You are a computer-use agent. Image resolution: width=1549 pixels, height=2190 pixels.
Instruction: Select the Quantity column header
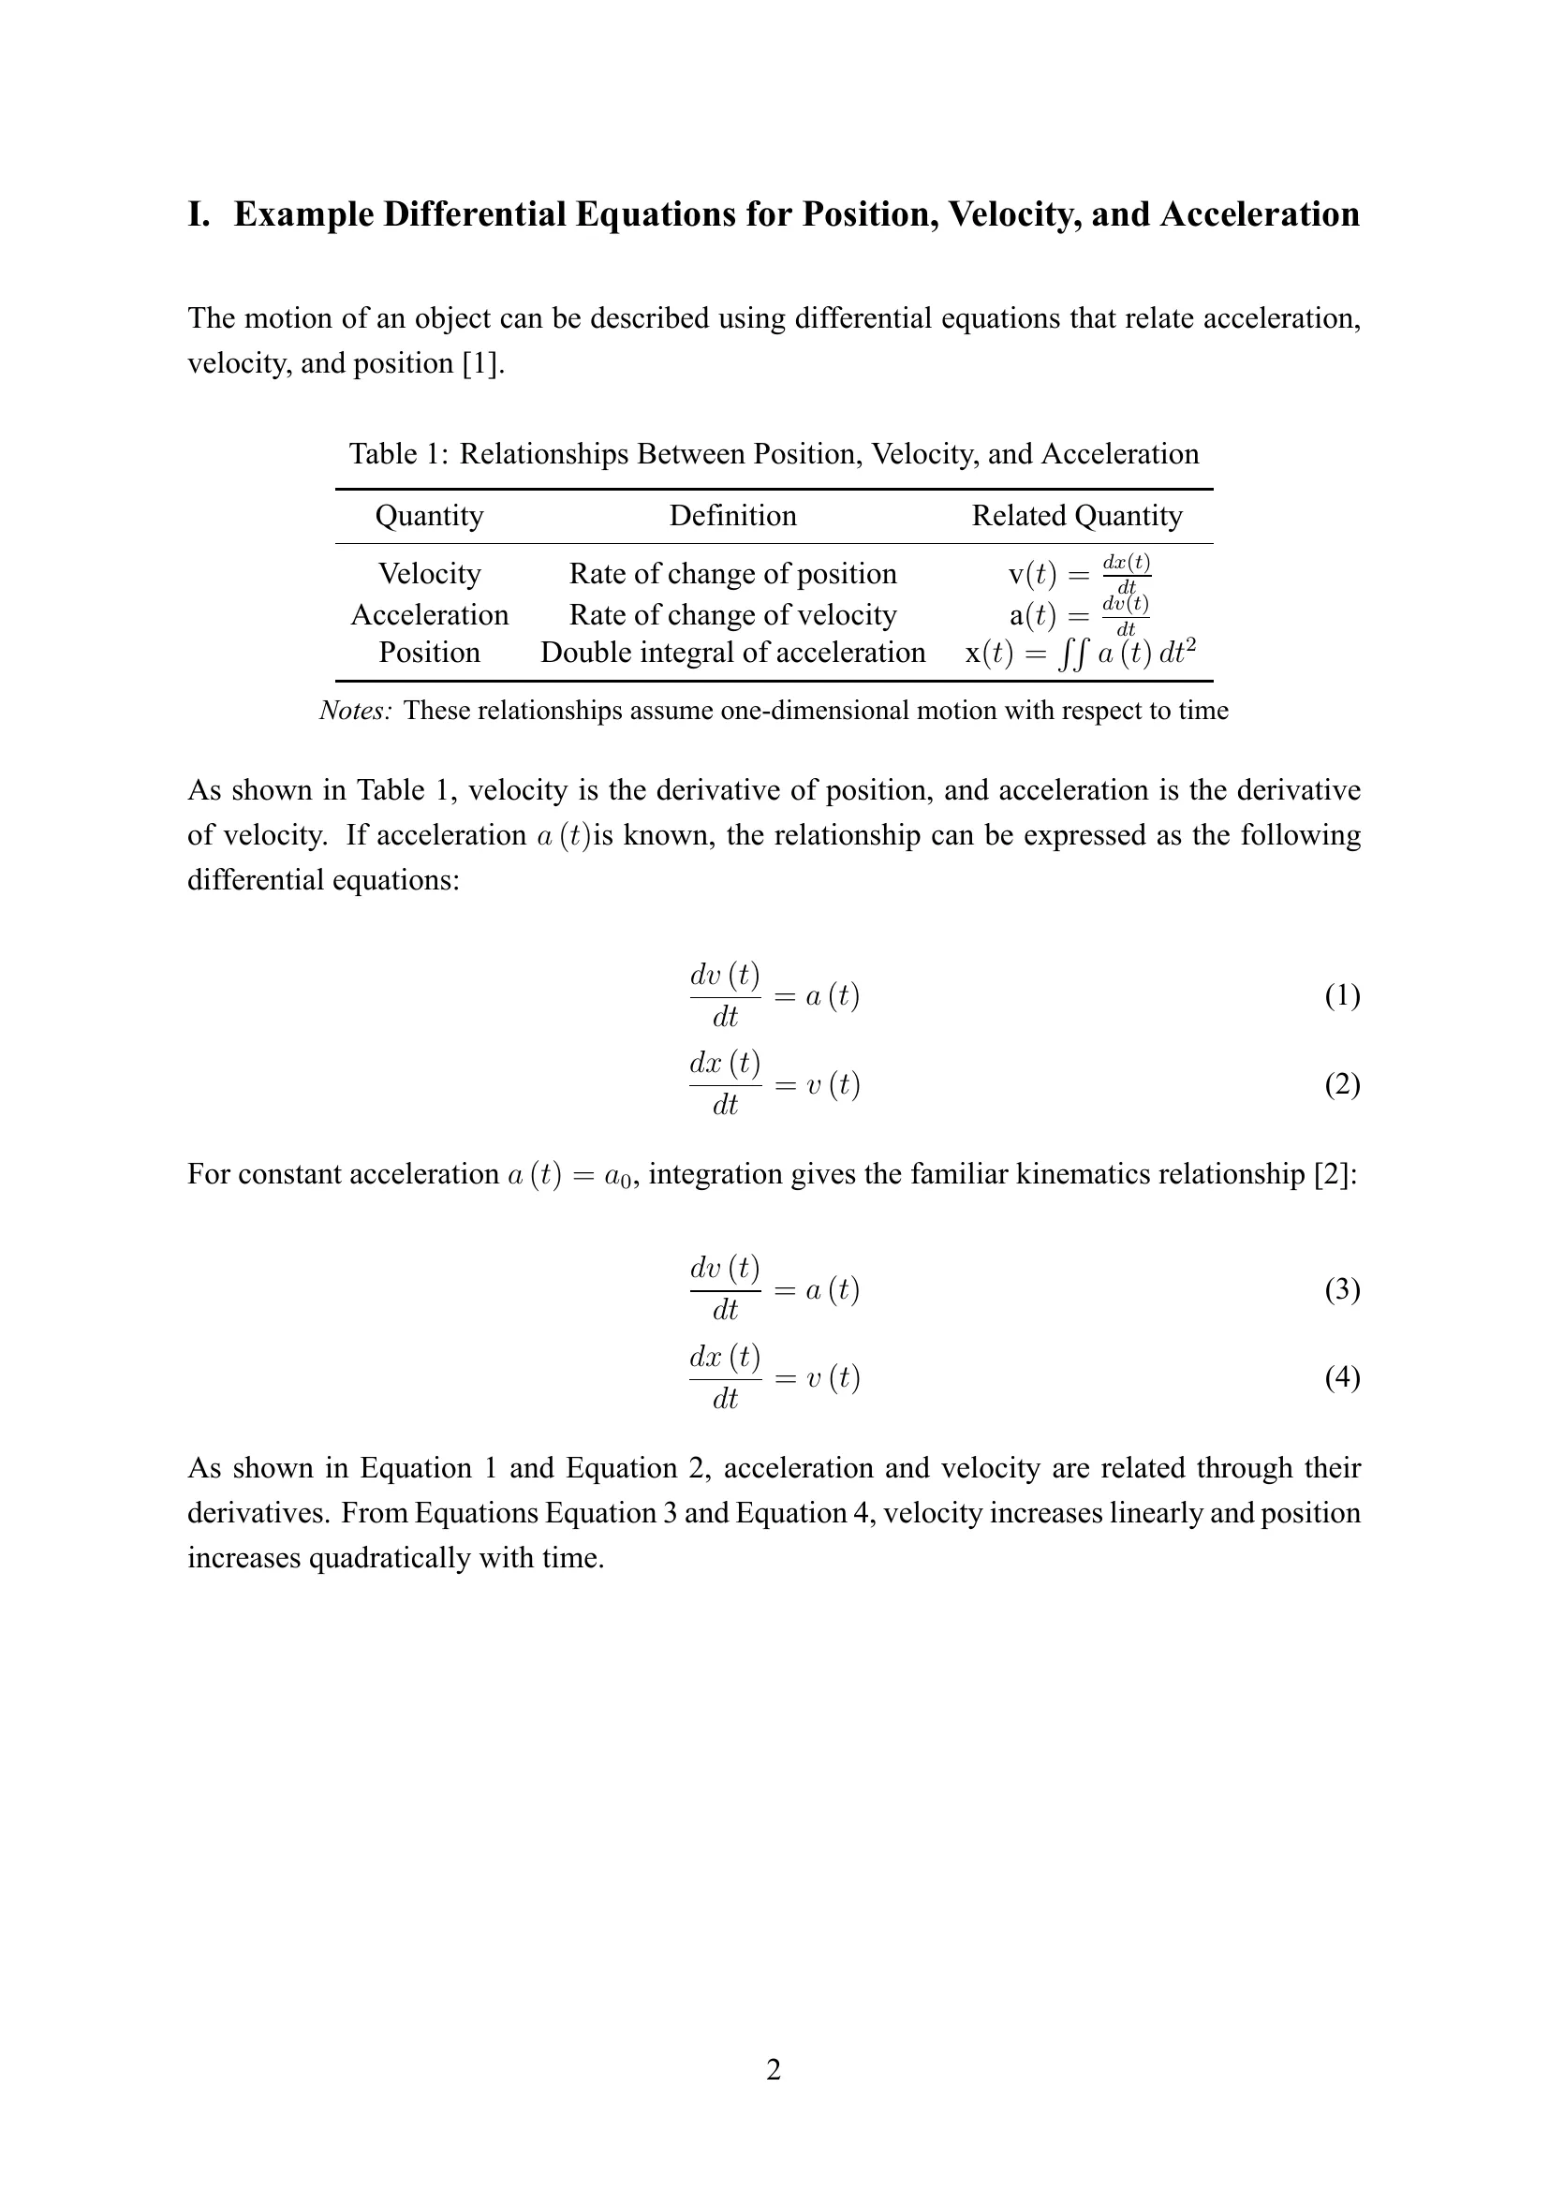pyautogui.click(x=429, y=516)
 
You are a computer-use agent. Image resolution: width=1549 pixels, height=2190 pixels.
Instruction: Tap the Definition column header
pyautogui.click(x=732, y=516)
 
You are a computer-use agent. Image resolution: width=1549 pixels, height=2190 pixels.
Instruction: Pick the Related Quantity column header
pyautogui.click(x=1077, y=516)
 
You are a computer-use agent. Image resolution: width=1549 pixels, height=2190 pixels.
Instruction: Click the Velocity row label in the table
pyautogui.click(x=429, y=573)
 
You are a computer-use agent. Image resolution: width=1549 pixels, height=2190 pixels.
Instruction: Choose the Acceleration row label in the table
pyautogui.click(x=429, y=614)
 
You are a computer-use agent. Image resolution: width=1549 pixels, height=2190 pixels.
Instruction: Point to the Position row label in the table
pyautogui.click(x=429, y=653)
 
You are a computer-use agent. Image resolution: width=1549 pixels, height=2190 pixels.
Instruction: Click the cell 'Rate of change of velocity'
pyautogui.click(x=732, y=614)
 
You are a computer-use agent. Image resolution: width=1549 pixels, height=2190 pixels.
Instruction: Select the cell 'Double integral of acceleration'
pyautogui.click(x=732, y=653)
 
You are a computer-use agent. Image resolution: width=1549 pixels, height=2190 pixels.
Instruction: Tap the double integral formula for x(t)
pyautogui.click(x=1081, y=654)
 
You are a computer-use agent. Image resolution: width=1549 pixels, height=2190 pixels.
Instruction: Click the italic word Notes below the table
pyautogui.click(x=355, y=711)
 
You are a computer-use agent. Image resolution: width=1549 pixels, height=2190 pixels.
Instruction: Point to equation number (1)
pyautogui.click(x=1342, y=996)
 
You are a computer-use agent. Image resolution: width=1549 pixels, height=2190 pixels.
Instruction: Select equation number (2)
pyautogui.click(x=1342, y=1084)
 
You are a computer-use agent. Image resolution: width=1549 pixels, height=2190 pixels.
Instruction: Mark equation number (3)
pyautogui.click(x=1342, y=1289)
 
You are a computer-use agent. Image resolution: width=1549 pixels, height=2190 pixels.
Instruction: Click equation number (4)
pyautogui.click(x=1342, y=1377)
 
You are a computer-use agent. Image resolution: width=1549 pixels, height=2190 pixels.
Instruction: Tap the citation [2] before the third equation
pyautogui.click(x=1330, y=1174)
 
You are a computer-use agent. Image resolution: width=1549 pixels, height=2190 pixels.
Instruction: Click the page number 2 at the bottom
pyautogui.click(x=774, y=2070)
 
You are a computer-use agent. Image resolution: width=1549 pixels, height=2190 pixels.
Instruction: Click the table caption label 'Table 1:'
pyautogui.click(x=398, y=454)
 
